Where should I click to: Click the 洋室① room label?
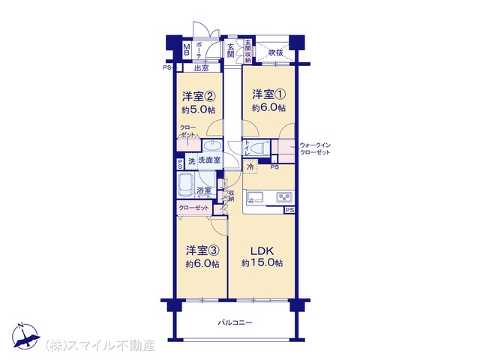[x=268, y=94]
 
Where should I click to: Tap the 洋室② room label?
[x=199, y=97]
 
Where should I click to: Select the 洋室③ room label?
[x=202, y=251]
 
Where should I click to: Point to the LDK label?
[x=262, y=251]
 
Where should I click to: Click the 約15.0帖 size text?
[x=262, y=263]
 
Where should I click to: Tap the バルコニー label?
[x=235, y=322]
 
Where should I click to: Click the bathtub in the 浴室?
[x=186, y=185]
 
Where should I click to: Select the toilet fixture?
[x=259, y=148]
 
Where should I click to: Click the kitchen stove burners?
[x=285, y=197]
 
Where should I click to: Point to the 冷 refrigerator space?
[x=250, y=167]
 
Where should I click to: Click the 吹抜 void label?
[x=276, y=53]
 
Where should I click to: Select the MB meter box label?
[x=187, y=49]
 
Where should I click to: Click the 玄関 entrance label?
[x=231, y=50]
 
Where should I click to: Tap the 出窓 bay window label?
[x=202, y=68]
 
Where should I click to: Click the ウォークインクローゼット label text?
[x=315, y=148]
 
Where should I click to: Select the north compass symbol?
[x=25, y=336]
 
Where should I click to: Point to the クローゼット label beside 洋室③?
[x=193, y=208]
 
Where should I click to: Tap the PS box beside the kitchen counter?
[x=289, y=210]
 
